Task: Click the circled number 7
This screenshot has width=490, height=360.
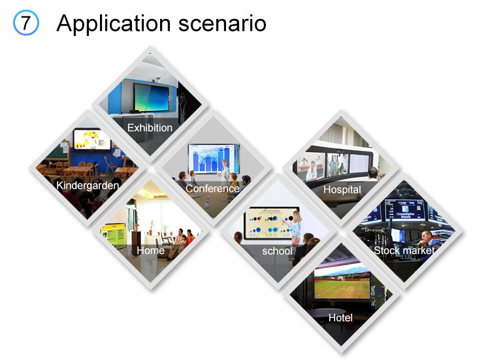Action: (26, 23)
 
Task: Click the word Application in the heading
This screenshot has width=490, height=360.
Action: (114, 24)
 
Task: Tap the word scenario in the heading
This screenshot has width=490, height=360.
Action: (222, 24)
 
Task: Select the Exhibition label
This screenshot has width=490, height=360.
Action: (150, 127)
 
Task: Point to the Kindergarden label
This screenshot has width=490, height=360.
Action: (88, 186)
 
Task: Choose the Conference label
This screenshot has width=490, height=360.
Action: (212, 188)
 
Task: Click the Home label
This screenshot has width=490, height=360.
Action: (151, 250)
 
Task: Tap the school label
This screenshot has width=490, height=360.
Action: (277, 251)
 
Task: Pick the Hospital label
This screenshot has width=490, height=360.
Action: (342, 189)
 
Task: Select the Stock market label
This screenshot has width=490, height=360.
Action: (404, 250)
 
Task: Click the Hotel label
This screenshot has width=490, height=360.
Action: (340, 318)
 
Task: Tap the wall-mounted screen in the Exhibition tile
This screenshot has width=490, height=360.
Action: (152, 97)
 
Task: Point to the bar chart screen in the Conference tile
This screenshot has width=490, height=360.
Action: (214, 158)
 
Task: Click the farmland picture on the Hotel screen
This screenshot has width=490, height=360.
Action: (342, 283)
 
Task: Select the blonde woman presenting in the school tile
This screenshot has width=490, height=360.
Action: (295, 227)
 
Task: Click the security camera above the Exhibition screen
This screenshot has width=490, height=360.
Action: (156, 79)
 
